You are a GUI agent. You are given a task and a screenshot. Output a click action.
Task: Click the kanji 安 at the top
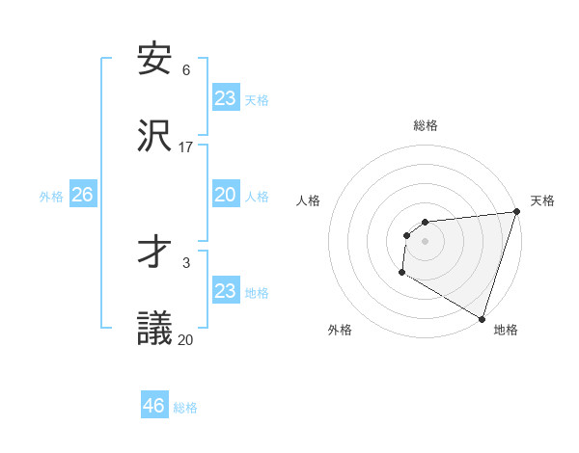[154, 59]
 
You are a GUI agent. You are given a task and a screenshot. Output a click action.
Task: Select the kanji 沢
[154, 135]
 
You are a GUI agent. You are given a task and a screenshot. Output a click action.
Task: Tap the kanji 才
[154, 252]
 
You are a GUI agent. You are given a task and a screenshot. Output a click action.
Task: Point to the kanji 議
[154, 328]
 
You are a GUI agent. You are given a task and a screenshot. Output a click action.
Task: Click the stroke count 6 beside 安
[186, 70]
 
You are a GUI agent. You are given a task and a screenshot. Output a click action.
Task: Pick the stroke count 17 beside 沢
[186, 147]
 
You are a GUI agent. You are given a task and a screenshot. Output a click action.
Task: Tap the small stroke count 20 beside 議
[186, 339]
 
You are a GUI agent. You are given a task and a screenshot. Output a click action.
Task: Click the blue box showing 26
[82, 195]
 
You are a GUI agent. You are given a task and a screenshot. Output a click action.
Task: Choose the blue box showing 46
[154, 406]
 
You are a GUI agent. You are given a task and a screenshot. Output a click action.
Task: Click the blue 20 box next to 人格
[225, 195]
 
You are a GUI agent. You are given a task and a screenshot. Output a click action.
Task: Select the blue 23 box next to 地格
[225, 291]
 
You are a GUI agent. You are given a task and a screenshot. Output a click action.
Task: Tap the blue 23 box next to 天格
[225, 98]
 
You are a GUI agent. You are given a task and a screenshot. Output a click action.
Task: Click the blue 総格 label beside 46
[185, 408]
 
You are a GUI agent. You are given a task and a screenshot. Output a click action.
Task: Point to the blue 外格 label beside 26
[51, 197]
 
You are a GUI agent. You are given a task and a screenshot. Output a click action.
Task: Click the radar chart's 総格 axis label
[425, 125]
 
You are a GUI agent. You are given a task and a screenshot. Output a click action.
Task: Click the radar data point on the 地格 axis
[482, 318]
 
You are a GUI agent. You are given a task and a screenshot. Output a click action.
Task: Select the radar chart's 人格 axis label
[309, 200]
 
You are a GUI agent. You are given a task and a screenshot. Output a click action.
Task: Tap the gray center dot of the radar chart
[425, 241]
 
